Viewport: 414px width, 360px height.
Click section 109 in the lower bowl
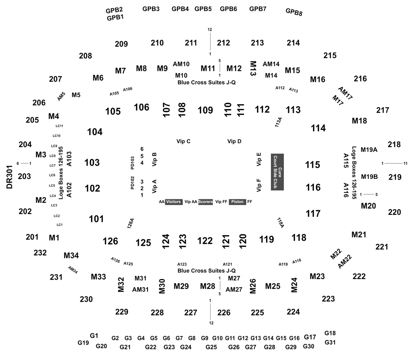205,110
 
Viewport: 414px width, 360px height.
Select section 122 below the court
205,241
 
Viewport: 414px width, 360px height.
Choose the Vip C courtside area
184,141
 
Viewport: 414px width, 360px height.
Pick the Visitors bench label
173,202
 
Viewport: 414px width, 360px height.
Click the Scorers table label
205,202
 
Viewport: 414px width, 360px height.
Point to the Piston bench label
237,202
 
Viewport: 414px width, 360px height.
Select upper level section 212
224,43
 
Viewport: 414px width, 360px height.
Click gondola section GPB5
203,8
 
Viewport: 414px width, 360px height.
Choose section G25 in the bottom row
211,347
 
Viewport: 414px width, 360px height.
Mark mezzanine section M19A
369,149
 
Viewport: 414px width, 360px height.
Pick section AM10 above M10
181,64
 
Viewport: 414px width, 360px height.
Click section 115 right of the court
313,165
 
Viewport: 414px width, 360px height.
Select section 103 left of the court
92,162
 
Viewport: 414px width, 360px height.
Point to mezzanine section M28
207,285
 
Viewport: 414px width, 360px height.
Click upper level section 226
224,312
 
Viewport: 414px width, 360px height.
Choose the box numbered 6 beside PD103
142,149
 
